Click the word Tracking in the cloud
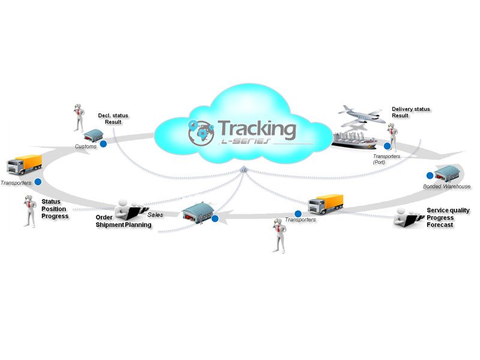click(256, 128)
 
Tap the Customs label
click(85, 146)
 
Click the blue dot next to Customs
click(103, 144)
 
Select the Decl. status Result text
click(113, 118)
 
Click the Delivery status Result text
click(410, 112)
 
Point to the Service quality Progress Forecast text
click(448, 218)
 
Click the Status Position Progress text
click(55, 209)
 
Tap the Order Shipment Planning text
click(123, 221)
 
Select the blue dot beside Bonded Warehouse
click(430, 175)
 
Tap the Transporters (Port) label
click(386, 159)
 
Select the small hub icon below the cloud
click(244, 171)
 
